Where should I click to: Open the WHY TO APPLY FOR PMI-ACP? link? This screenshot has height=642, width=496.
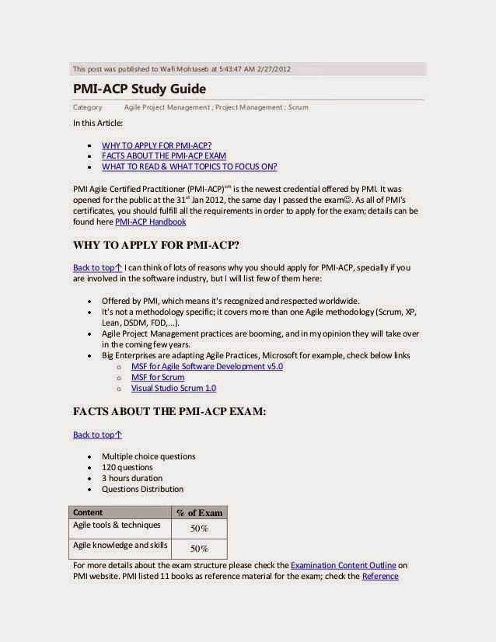coord(156,145)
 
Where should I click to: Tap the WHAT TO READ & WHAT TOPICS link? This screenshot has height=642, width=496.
coord(189,166)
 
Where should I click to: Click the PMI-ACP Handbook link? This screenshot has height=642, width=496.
coord(150,222)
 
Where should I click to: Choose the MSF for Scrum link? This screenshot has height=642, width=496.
coord(158,377)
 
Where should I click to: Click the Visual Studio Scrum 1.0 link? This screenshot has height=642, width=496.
coord(173,388)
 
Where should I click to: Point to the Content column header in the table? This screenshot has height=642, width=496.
coord(87,512)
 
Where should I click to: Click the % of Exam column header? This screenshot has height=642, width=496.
coord(199,512)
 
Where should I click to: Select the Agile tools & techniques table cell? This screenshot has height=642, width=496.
coord(117,525)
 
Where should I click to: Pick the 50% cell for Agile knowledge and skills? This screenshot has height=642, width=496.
coord(199,548)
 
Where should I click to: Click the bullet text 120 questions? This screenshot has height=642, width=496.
coord(127,467)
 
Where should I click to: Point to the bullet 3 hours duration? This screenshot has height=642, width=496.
coord(132,478)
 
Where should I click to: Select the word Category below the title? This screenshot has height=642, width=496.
coord(87,107)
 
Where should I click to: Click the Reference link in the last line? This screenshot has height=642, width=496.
coord(380,576)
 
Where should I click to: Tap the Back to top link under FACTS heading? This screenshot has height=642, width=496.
coord(97,434)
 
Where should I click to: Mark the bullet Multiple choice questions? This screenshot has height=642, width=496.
coord(148,456)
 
